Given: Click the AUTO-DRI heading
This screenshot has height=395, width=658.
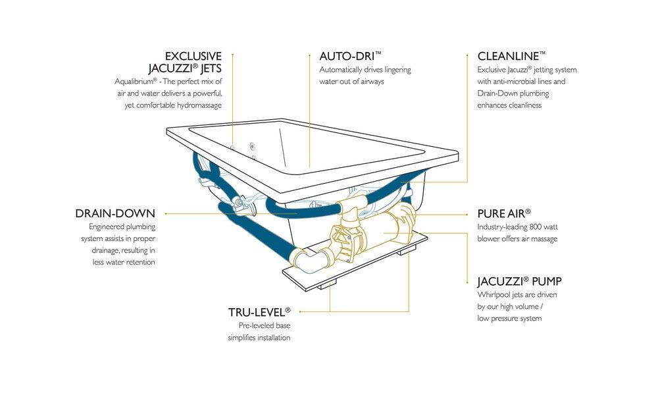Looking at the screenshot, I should click(350, 57).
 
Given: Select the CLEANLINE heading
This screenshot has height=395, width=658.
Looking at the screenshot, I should click(511, 57).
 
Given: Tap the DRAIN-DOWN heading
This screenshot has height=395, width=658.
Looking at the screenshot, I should click(115, 214).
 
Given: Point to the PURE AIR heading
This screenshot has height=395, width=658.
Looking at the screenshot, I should click(503, 214).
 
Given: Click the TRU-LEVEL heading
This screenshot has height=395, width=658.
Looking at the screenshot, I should click(259, 311).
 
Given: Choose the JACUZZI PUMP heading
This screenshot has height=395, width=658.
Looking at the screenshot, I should click(519, 282).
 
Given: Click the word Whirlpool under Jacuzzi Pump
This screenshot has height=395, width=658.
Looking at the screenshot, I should click(495, 294).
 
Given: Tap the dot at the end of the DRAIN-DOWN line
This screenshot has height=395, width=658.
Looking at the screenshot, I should click(165, 214).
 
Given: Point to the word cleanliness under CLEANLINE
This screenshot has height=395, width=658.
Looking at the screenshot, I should click(520, 105).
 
